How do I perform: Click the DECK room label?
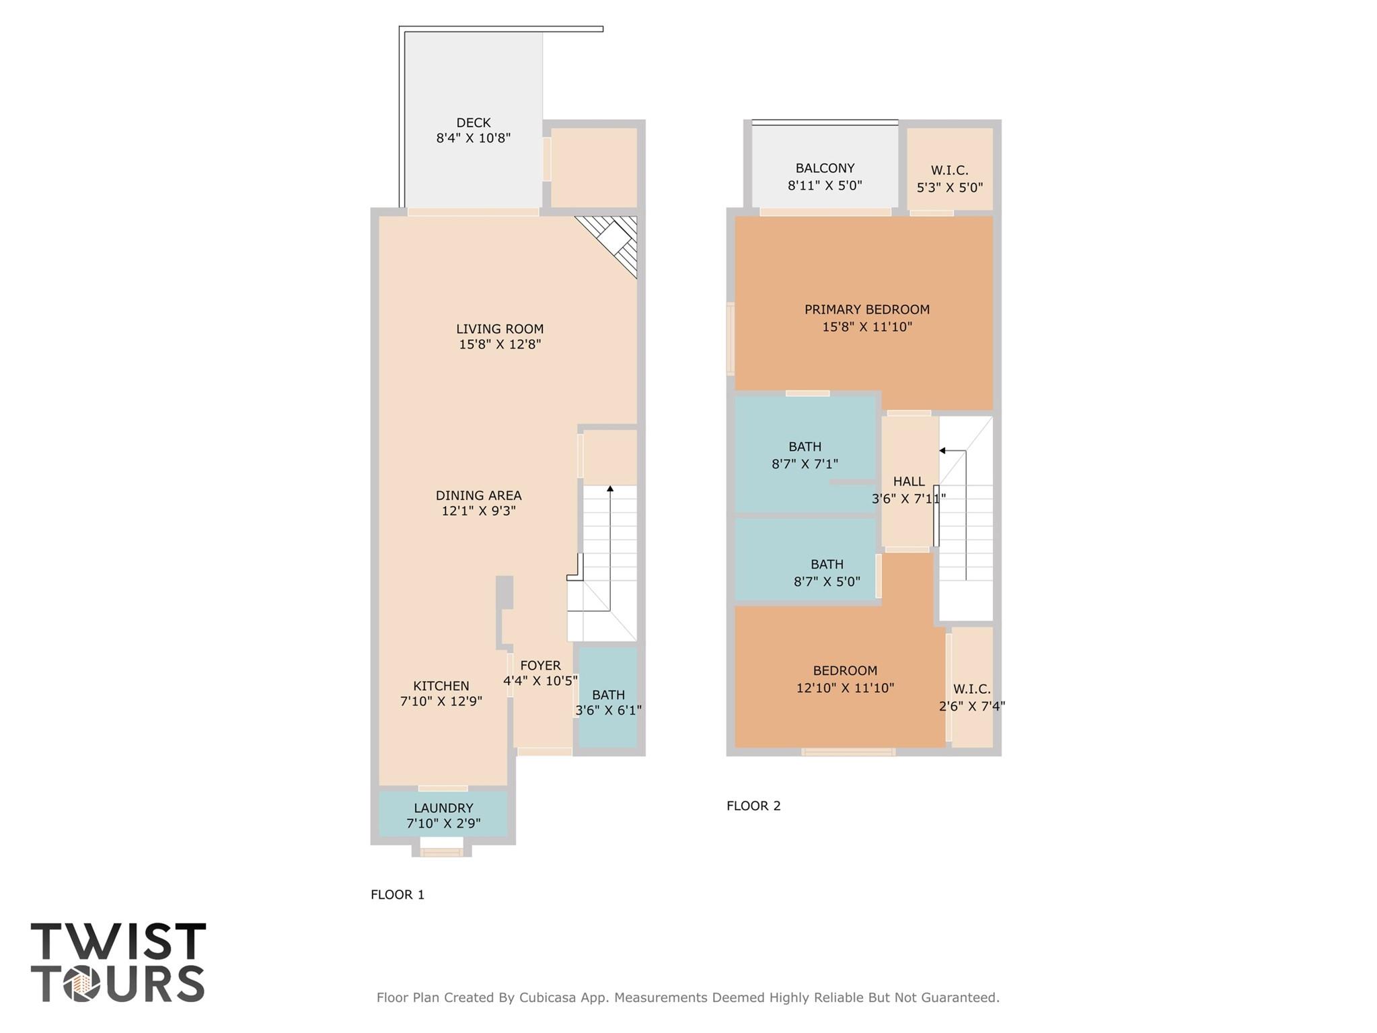[473, 122]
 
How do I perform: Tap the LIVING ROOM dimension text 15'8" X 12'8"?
[500, 345]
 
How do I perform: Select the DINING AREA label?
[478, 495]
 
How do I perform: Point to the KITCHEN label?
[441, 686]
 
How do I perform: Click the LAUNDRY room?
[443, 814]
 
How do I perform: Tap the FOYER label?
[540, 666]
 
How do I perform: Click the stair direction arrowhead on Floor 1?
[610, 488]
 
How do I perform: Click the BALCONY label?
[825, 168]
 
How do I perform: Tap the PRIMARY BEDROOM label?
[866, 310]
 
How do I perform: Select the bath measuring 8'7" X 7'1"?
[805, 455]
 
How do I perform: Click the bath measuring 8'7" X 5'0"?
[827, 573]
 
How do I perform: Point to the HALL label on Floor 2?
[908, 482]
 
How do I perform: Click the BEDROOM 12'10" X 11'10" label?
[845, 671]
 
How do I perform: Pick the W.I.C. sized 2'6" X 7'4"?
[971, 697]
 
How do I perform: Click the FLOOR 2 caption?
[753, 806]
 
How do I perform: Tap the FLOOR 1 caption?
[398, 894]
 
